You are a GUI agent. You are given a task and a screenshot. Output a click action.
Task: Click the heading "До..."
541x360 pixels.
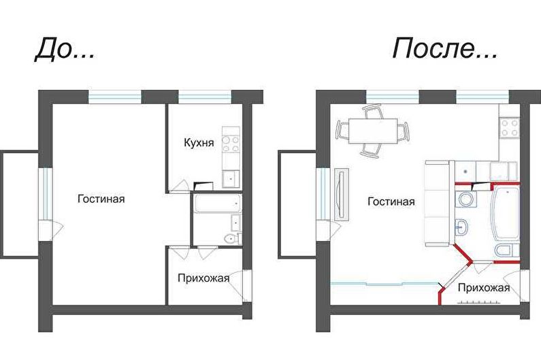[x=65, y=50]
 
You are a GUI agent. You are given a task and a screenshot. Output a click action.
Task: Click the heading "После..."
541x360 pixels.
[x=445, y=48]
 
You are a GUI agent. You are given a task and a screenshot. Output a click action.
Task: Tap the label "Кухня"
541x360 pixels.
[x=199, y=142]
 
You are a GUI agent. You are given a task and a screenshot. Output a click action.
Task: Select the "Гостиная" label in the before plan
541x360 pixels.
[x=101, y=199]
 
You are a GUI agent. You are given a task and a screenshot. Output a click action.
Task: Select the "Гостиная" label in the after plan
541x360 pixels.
[x=391, y=201]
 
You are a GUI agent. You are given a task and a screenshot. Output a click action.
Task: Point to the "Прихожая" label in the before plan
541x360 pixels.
[x=203, y=278]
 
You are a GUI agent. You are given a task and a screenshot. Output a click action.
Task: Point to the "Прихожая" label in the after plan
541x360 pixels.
[x=484, y=288]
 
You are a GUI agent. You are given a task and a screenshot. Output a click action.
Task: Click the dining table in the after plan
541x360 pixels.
[x=373, y=131]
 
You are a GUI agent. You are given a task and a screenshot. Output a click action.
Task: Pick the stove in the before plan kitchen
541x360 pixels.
[x=231, y=144]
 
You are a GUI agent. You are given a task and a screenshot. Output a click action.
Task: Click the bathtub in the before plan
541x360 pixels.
[x=217, y=204]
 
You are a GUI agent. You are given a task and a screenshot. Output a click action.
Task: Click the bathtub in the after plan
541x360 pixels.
[x=505, y=212]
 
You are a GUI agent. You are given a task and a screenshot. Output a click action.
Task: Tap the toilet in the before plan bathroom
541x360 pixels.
[x=231, y=238]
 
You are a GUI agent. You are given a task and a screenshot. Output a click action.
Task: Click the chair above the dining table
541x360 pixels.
[x=373, y=112]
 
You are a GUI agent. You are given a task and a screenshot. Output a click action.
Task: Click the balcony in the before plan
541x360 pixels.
[x=20, y=204]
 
